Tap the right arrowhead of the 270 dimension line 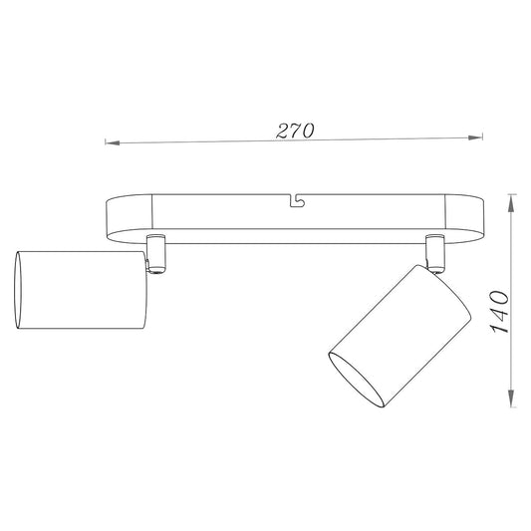pos(476,139)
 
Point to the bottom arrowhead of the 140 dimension pos(511,401)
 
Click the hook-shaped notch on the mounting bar pos(295,202)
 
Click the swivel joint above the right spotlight pos(433,250)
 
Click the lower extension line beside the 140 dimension pos(503,409)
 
